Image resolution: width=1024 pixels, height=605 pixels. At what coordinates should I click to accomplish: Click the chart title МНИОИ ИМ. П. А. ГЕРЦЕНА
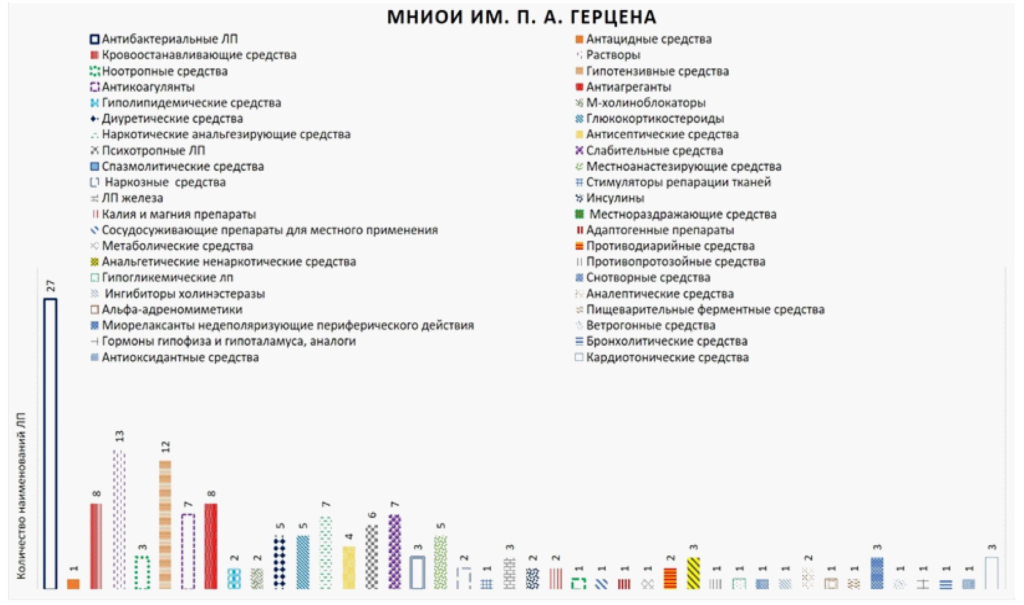[521, 17]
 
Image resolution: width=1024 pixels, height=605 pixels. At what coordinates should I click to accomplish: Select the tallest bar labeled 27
[50, 443]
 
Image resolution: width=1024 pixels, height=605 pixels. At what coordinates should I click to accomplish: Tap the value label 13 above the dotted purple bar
[120, 436]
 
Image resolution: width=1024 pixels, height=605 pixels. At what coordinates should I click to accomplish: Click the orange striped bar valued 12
[165, 524]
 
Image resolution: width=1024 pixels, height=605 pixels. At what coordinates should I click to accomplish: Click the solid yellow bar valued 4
[348, 568]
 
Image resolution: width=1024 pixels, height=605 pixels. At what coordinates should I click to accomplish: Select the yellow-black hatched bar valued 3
[693, 573]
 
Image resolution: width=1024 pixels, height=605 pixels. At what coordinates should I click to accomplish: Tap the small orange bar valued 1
[73, 584]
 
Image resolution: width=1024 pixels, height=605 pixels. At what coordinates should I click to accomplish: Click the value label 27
[51, 286]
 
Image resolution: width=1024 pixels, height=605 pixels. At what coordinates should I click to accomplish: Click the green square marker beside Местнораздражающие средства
[579, 214]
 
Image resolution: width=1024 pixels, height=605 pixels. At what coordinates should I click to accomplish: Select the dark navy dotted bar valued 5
[280, 562]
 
